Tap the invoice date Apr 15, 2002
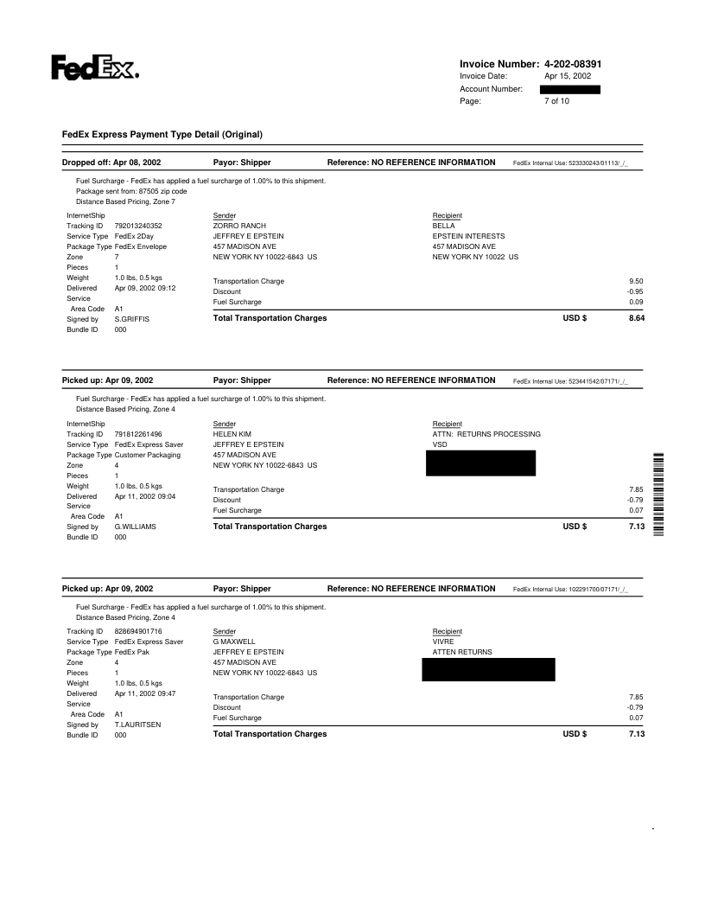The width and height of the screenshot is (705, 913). tap(568, 76)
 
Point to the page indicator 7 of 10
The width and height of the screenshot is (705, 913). tap(556, 101)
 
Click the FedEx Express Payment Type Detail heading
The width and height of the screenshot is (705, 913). tap(162, 135)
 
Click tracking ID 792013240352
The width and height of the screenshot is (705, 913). tap(138, 226)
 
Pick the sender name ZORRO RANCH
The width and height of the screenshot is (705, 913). tap(239, 226)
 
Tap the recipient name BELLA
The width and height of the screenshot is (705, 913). tap(443, 226)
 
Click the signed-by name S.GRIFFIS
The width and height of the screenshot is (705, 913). tap(132, 319)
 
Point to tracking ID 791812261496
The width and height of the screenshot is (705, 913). tap(138, 434)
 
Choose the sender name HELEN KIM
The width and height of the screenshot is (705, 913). tap(232, 434)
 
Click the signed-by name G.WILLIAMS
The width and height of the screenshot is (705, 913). tap(136, 527)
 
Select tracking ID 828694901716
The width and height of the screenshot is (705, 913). tap(138, 631)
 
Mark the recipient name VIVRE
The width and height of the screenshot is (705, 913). tap(443, 642)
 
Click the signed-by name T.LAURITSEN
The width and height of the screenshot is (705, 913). tap(138, 725)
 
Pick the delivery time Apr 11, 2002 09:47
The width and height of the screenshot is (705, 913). tap(145, 693)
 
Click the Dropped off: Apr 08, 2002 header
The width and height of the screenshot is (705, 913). tap(111, 163)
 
